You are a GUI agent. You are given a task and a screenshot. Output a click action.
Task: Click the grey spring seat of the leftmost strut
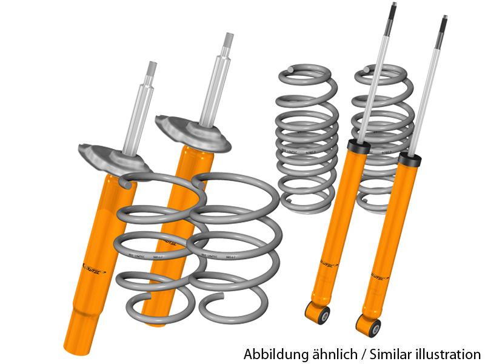(112, 157)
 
